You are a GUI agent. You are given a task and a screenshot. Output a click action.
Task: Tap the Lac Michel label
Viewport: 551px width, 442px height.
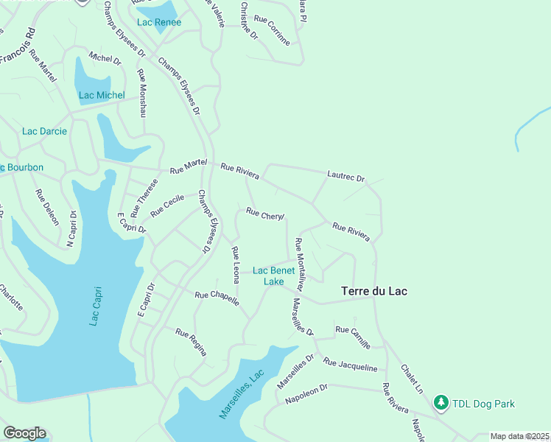[x=102, y=95]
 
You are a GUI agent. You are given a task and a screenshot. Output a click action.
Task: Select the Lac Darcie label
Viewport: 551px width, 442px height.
[x=44, y=131]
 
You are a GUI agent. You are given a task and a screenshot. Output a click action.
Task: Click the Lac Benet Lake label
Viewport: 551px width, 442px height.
[x=273, y=276]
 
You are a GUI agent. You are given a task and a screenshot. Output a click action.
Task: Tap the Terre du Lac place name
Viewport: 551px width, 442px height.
[x=374, y=291]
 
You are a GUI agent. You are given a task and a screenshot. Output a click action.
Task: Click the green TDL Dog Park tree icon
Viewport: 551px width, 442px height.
[x=441, y=403]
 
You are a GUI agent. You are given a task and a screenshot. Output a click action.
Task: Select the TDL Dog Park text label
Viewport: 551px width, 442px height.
[x=483, y=404]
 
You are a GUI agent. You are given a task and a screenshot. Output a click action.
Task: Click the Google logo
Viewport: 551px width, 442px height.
[x=24, y=432]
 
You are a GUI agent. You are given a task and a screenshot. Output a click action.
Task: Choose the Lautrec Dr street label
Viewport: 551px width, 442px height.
[x=346, y=176]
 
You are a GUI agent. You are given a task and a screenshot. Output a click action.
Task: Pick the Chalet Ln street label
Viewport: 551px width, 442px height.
[x=412, y=377]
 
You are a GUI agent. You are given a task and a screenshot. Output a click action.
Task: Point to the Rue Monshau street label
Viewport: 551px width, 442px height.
[x=142, y=94]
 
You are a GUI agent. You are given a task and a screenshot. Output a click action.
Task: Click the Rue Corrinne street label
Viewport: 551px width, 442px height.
[x=272, y=30]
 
